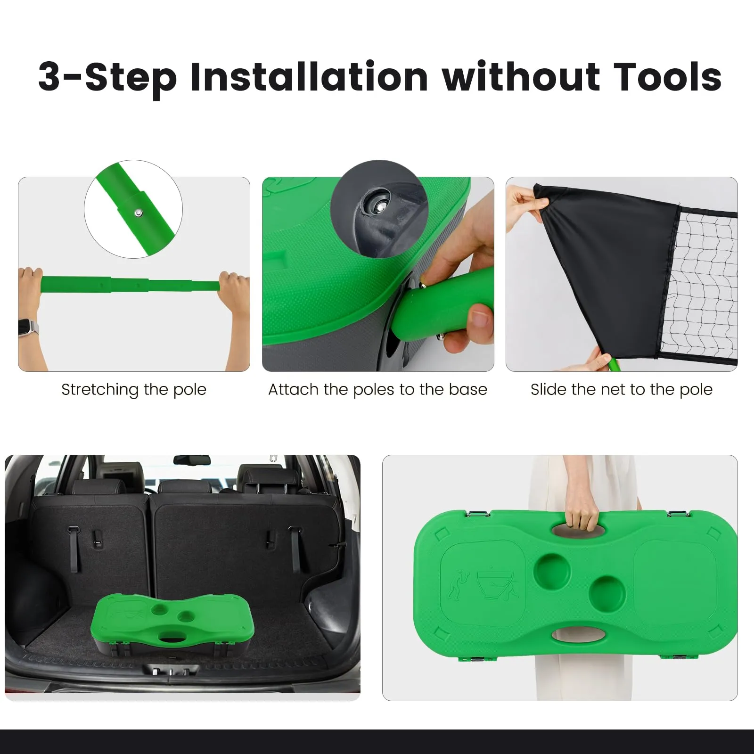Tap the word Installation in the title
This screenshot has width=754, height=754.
(x=309, y=76)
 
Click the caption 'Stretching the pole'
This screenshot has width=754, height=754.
(x=134, y=390)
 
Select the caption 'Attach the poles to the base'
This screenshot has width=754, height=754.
(x=377, y=390)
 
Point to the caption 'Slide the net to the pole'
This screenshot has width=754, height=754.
(x=622, y=390)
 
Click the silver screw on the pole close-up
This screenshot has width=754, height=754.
(x=138, y=213)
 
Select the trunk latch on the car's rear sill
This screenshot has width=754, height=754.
(x=170, y=671)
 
